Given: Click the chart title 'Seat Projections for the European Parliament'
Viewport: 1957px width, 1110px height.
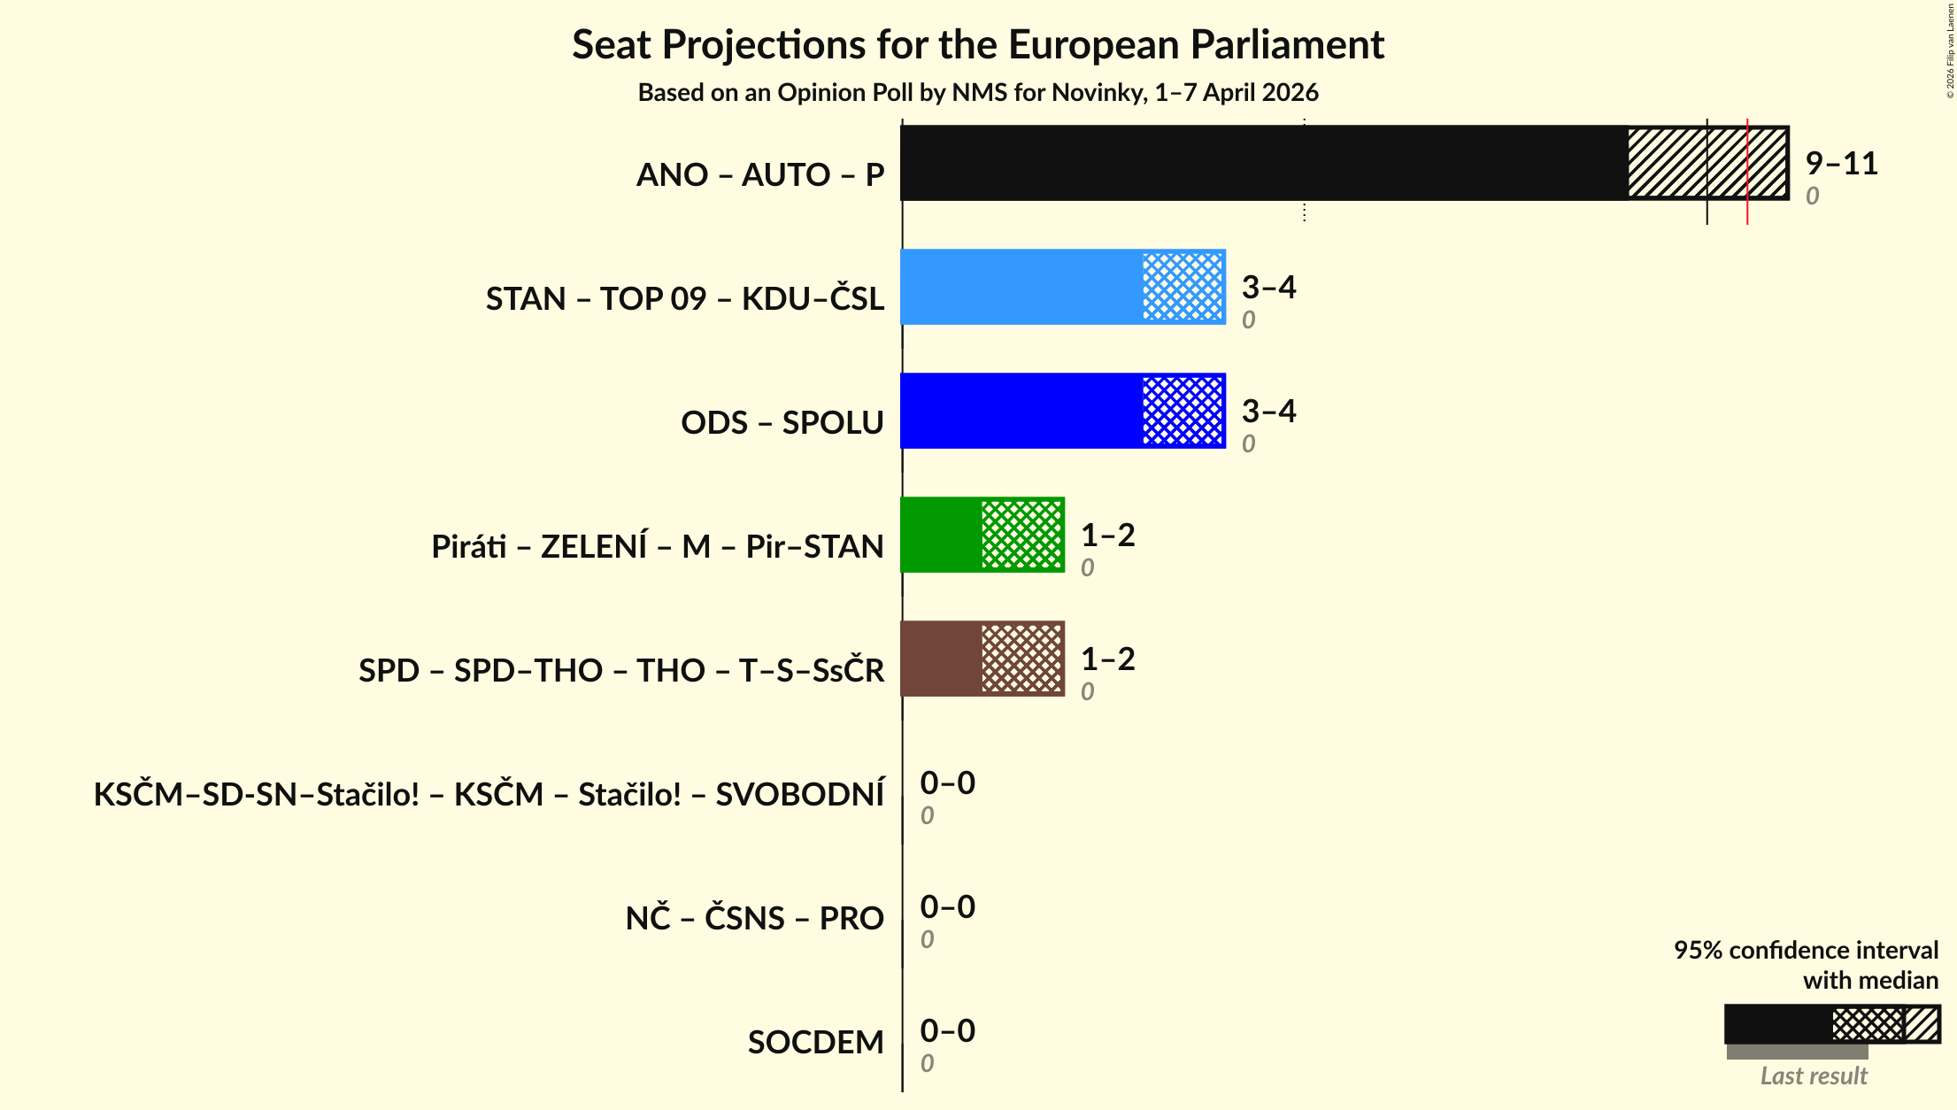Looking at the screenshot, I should [977, 44].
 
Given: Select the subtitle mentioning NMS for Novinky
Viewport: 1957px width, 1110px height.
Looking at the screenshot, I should [977, 93].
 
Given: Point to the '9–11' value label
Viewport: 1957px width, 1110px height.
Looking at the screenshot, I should [1841, 164].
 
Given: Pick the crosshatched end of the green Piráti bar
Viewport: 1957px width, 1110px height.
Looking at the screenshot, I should [1022, 536].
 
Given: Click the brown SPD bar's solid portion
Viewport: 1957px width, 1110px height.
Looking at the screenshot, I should [941, 659].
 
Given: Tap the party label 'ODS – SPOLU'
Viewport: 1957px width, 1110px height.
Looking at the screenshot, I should [782, 423].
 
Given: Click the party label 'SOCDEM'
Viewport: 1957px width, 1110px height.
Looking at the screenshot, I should [815, 1043].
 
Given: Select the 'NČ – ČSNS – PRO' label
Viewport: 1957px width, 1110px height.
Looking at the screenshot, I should [754, 919].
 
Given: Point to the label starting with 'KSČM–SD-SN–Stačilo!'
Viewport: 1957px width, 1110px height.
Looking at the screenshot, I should [489, 795].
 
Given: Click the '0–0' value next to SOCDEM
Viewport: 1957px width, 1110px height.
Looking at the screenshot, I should [947, 1031].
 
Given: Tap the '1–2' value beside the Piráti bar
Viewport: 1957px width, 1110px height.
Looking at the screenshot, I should [1107, 536].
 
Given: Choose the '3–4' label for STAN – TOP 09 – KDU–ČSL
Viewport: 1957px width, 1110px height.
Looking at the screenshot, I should [1268, 288].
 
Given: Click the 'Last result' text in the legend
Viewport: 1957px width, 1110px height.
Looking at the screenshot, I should [1813, 1076].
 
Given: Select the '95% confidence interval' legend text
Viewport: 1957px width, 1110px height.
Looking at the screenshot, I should [1805, 951].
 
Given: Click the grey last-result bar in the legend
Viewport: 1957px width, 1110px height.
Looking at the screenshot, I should [1797, 1052].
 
